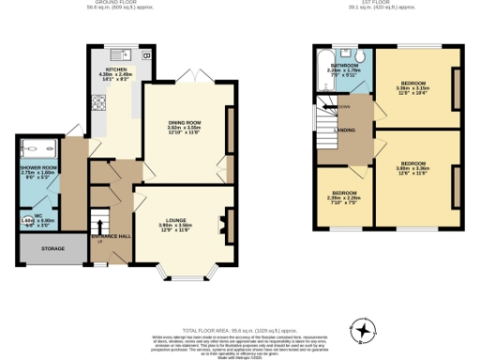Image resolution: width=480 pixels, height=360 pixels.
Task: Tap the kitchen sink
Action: tap(122, 53)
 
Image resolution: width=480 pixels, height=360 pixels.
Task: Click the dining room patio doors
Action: tap(194, 74)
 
